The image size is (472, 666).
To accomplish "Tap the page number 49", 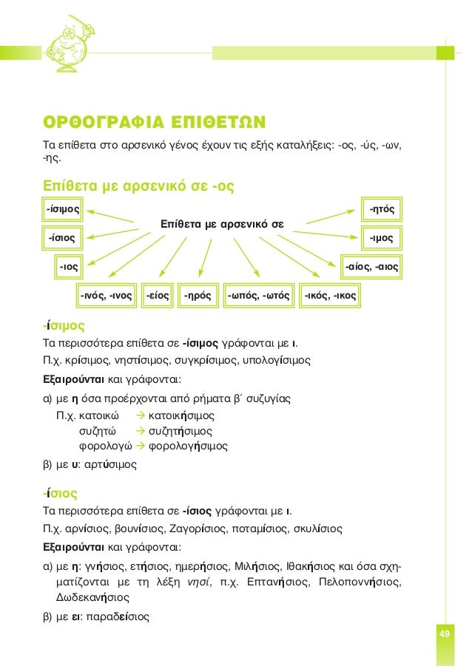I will [445, 636].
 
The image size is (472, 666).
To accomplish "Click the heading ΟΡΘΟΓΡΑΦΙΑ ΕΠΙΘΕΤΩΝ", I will [155, 121].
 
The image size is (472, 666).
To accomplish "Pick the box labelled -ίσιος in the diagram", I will [61, 238].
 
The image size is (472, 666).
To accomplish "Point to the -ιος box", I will [70, 265].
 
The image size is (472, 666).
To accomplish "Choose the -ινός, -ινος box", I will [106, 296].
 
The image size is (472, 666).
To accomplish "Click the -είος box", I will [158, 296].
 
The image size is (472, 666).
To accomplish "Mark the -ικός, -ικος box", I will [331, 296].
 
